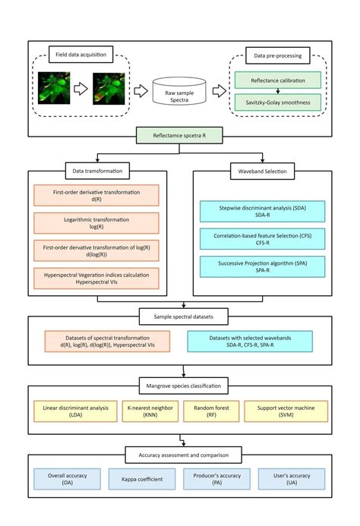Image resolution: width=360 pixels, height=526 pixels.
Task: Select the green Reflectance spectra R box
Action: (x=179, y=135)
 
